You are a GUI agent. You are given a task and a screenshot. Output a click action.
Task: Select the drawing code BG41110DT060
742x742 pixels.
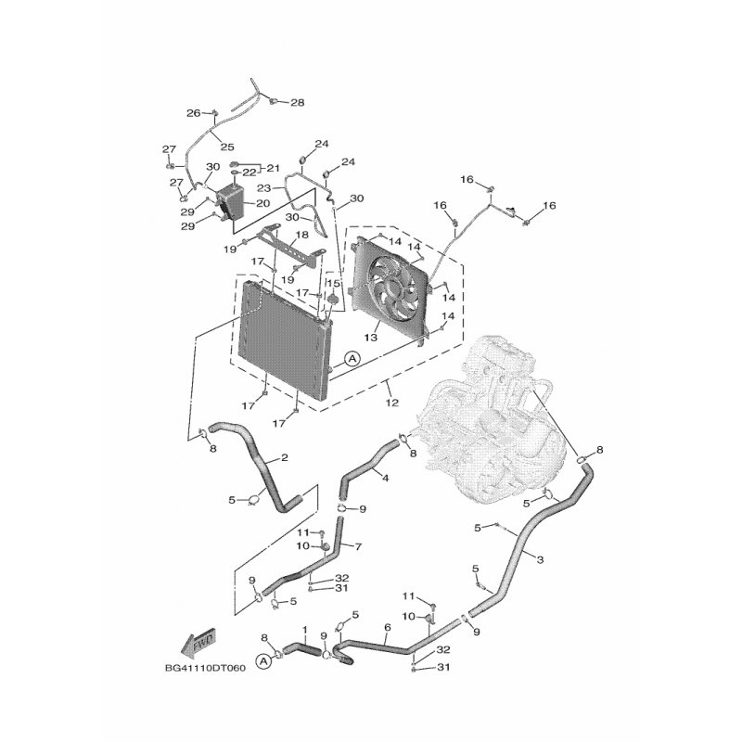pyautogui.click(x=205, y=668)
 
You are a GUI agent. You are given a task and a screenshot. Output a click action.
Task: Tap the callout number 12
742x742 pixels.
pyautogui.click(x=392, y=403)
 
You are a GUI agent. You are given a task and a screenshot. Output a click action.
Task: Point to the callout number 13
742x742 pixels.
pyautogui.click(x=370, y=337)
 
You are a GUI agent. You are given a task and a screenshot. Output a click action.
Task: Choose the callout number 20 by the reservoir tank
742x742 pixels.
pyautogui.click(x=263, y=203)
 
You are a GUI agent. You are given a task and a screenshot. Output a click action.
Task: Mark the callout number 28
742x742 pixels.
pyautogui.click(x=297, y=102)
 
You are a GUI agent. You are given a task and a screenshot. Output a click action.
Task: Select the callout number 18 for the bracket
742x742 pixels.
pyautogui.click(x=302, y=235)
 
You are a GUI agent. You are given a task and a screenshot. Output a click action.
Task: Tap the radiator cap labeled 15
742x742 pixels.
pyautogui.click(x=333, y=299)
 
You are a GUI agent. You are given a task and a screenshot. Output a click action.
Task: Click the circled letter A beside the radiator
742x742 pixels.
pyautogui.click(x=352, y=359)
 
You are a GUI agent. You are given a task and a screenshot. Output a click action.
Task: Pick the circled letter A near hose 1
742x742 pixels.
pyautogui.click(x=264, y=661)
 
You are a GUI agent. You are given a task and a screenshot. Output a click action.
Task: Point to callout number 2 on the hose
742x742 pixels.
pyautogui.click(x=285, y=457)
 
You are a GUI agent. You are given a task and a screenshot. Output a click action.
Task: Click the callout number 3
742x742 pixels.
pyautogui.click(x=540, y=560)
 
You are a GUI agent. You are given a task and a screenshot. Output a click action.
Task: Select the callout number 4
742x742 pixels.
pyautogui.click(x=385, y=478)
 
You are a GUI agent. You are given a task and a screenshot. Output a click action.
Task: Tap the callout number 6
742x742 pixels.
pyautogui.click(x=388, y=628)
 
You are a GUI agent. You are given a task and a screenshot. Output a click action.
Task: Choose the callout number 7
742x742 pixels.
pyautogui.click(x=358, y=546)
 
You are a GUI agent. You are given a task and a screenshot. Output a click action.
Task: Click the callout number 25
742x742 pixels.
pyautogui.click(x=227, y=147)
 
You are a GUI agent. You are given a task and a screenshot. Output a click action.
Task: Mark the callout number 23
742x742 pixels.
pyautogui.click(x=264, y=188)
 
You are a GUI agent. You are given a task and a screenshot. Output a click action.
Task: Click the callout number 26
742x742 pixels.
pyautogui.click(x=193, y=112)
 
